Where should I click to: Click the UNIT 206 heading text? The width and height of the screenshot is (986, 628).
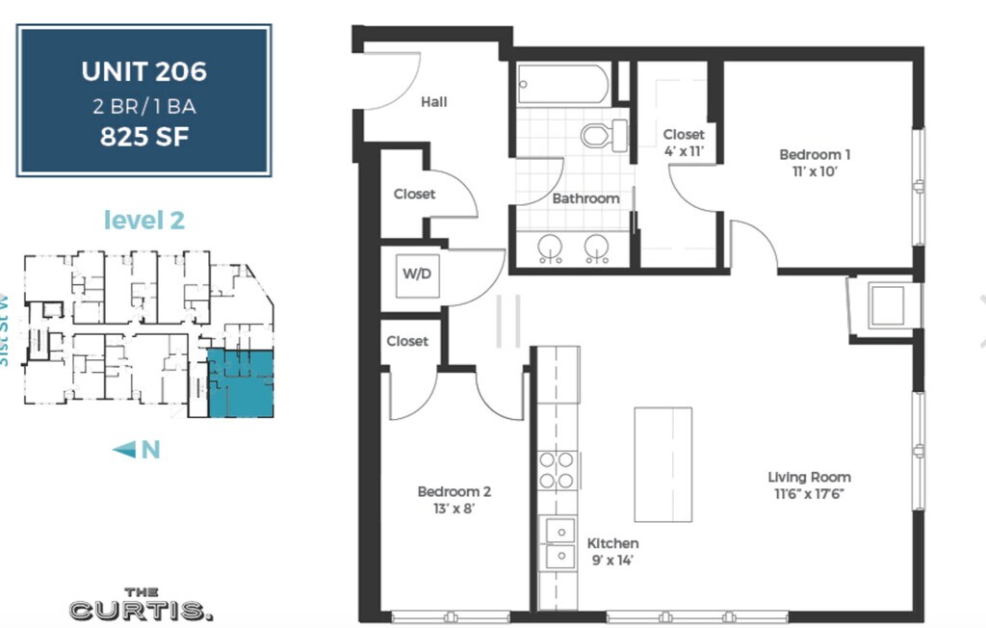144,71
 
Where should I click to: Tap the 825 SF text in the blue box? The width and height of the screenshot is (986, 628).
144,137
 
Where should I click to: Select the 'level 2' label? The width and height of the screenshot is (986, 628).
144,220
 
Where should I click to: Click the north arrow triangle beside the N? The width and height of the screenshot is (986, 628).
124,449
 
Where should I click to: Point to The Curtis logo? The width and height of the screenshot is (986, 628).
141,604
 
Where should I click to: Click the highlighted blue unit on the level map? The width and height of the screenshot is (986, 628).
241,384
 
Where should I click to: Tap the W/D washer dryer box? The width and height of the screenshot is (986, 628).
417,275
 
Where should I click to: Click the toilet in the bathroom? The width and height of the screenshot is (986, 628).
604,135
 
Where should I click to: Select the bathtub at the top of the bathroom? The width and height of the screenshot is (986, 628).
562,84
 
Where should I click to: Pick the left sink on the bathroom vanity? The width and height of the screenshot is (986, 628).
550,248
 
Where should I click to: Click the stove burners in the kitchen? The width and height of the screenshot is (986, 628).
558,471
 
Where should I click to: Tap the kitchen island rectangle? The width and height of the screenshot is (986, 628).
662,464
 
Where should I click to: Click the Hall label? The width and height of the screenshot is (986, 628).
434,102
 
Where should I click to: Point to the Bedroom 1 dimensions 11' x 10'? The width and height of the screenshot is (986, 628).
815,171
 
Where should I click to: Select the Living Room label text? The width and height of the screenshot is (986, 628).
809,477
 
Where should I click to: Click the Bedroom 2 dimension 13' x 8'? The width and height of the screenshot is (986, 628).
454,509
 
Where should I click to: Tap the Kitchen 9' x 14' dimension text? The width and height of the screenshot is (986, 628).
612,560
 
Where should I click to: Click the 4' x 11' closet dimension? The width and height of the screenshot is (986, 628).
685,151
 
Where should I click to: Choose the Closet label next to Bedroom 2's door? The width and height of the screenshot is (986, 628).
407,341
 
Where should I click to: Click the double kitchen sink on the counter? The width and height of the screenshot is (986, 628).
559,543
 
